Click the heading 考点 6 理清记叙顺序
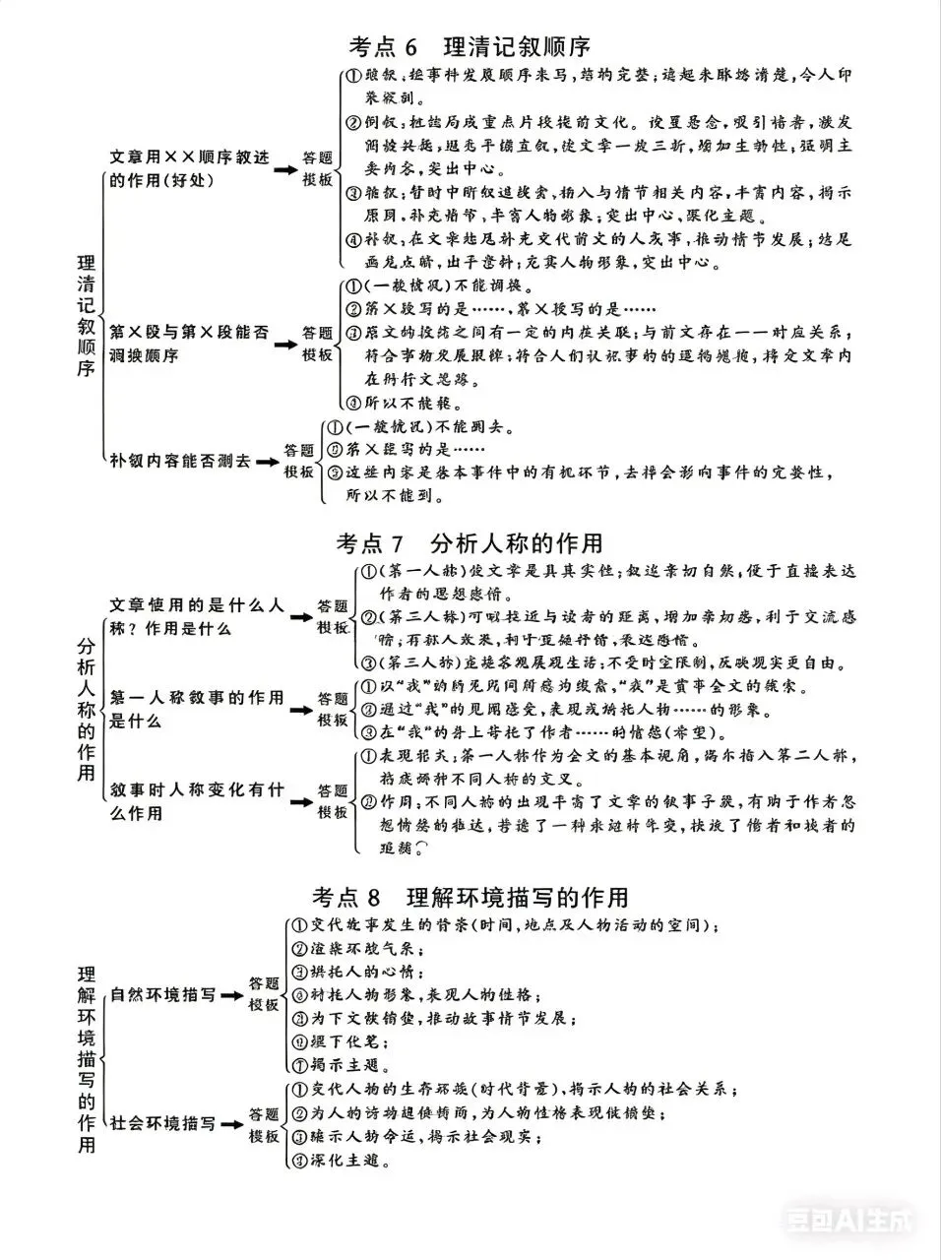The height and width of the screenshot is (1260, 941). (x=470, y=46)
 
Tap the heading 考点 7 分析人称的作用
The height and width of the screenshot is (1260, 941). (x=470, y=543)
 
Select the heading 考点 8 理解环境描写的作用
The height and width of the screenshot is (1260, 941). (x=470, y=898)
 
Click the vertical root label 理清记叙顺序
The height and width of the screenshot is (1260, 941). (x=87, y=316)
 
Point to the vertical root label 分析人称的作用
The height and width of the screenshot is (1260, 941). (x=87, y=708)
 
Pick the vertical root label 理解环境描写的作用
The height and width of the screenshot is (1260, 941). (x=87, y=1059)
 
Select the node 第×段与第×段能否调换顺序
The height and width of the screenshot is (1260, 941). (x=188, y=344)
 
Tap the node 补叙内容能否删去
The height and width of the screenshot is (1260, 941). (x=180, y=461)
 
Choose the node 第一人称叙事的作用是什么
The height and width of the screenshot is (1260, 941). (x=196, y=709)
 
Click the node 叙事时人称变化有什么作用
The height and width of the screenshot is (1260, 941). (x=196, y=801)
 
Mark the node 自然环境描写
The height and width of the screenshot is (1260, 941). (x=162, y=995)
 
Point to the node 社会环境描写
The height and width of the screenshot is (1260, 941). (x=162, y=1123)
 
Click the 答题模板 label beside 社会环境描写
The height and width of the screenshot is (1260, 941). (x=264, y=1124)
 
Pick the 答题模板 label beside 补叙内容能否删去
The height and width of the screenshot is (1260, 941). (x=299, y=461)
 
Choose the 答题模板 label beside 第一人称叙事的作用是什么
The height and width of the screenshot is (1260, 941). (x=332, y=709)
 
